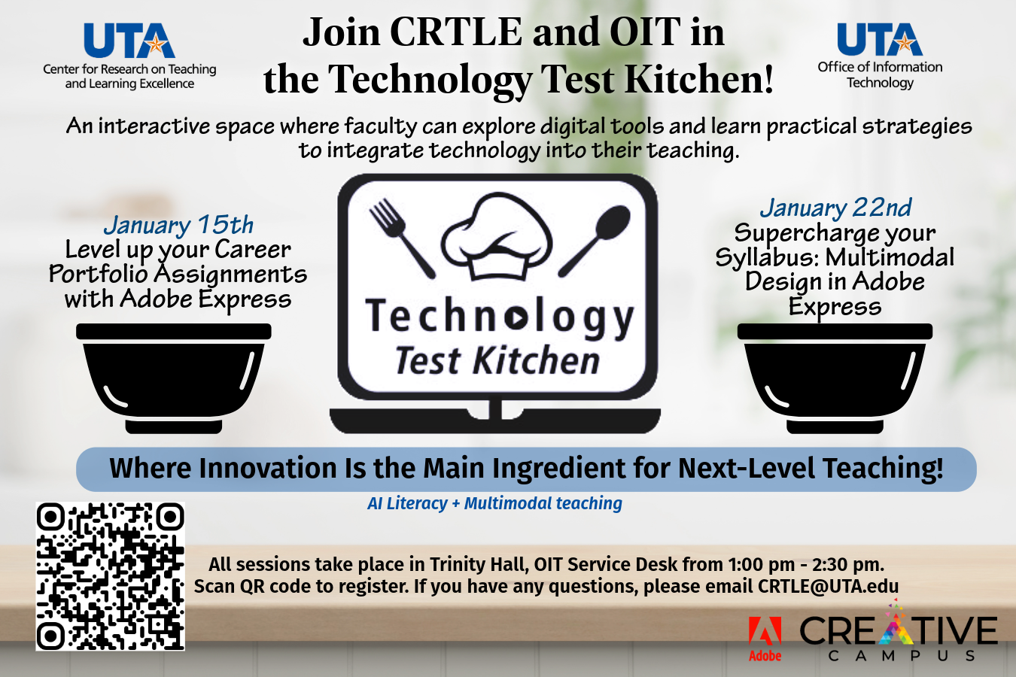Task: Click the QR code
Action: [x=110, y=576]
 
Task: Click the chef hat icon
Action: [x=497, y=237]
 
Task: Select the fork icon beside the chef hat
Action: [x=402, y=238]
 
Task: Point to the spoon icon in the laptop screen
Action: [x=595, y=240]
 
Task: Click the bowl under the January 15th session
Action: [x=174, y=378]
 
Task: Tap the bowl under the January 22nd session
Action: [x=835, y=378]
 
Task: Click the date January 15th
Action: [x=178, y=225]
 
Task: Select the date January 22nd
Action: [x=835, y=208]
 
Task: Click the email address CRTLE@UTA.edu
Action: [x=828, y=586]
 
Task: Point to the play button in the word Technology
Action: [x=516, y=318]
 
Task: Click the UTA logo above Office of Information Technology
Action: [x=880, y=39]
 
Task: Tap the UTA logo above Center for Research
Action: [x=129, y=41]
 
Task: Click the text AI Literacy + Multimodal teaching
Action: [x=495, y=503]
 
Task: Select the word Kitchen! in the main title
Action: [x=699, y=79]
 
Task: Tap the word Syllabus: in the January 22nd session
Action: [x=768, y=257]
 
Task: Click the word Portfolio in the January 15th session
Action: [x=99, y=274]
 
